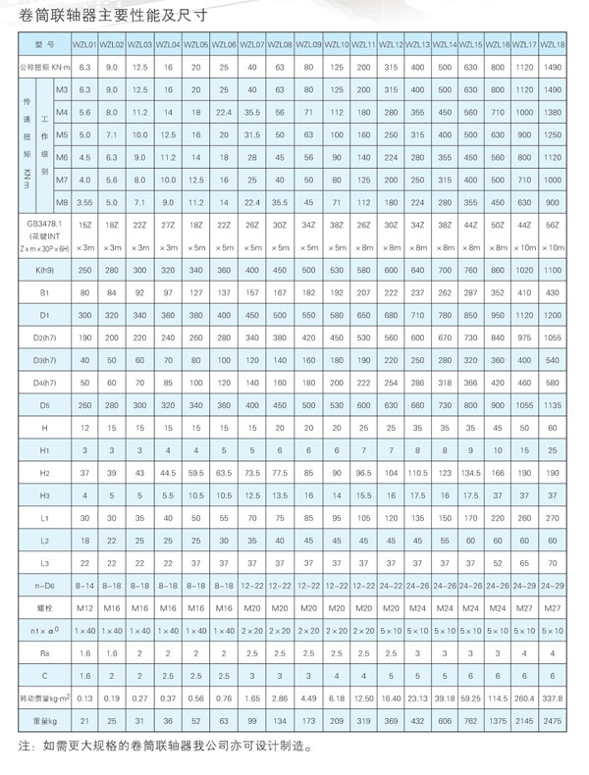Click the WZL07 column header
(253, 45)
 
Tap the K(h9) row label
(44, 270)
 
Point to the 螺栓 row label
(44, 608)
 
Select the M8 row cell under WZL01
(84, 202)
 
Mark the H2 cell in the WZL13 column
(420, 473)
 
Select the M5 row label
(61, 134)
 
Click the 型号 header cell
(44, 45)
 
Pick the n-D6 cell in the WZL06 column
(225, 586)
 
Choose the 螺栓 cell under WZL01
(84, 608)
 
